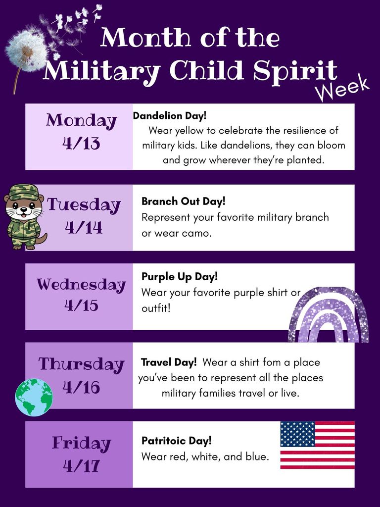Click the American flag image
coord(317,445)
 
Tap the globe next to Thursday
coord(34,397)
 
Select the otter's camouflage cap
coord(23,192)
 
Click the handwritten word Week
coord(343,89)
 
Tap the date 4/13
coord(81,144)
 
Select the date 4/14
coord(84,227)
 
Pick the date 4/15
coord(81,305)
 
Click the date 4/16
coord(81,387)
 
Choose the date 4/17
coord(81,465)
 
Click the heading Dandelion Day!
coord(170,116)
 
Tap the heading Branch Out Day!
coord(183,202)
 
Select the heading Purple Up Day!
coord(179,277)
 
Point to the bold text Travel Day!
coord(169,362)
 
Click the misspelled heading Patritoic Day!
coord(176,440)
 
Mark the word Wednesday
coord(81,285)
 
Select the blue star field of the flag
coord(297,434)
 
